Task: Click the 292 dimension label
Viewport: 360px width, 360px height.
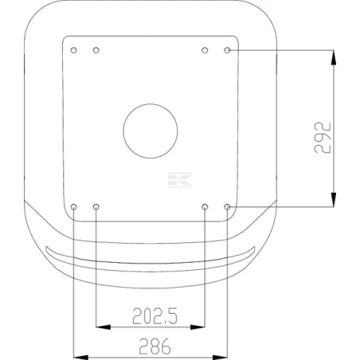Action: (323, 138)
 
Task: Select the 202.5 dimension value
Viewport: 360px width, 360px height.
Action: (155, 316)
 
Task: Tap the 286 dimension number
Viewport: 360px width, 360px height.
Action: (155, 346)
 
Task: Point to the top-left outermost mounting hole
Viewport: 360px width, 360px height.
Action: (74, 50)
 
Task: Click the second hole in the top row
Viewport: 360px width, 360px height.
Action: (96, 50)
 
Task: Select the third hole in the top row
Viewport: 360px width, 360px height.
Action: (205, 50)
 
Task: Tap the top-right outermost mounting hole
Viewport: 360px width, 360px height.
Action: (227, 50)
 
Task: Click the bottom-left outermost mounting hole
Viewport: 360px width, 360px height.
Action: (74, 206)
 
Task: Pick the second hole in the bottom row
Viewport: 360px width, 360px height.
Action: (96, 206)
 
